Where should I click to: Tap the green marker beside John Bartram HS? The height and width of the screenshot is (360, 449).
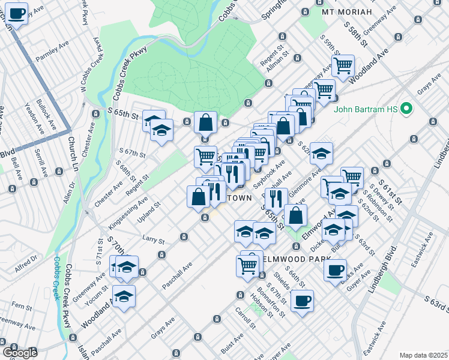click(406, 109)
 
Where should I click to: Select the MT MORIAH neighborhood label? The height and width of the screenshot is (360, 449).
click(347, 12)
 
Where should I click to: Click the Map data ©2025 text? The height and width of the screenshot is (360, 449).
click(423, 355)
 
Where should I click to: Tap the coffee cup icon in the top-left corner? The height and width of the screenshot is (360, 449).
click(16, 13)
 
